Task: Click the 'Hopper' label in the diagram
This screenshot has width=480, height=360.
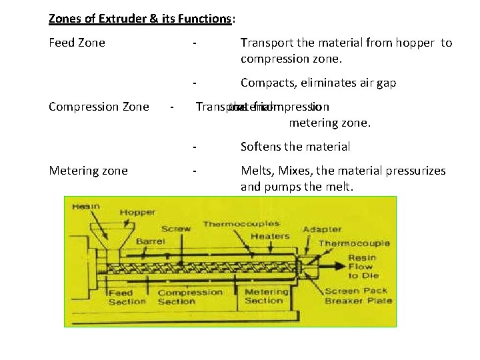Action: (137, 213)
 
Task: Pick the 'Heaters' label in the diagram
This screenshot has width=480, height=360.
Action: (271, 235)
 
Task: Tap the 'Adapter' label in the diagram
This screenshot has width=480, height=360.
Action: (323, 229)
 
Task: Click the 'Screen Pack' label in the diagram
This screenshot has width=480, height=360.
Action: (351, 291)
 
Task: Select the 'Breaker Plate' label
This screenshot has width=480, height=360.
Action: (359, 301)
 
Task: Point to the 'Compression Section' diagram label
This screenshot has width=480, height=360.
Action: (190, 297)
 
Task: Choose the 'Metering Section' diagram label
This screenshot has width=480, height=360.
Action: (267, 296)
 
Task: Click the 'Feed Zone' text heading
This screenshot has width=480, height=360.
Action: (77, 43)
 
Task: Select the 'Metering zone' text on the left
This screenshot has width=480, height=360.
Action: (88, 171)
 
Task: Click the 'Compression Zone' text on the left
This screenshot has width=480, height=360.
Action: (99, 107)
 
